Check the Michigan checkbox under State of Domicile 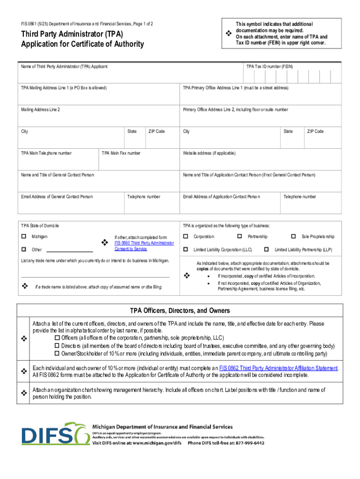tap(23, 237)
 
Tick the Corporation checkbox tap(186, 237)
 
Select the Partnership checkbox tap(239, 237)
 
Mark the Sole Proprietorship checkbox tap(294, 237)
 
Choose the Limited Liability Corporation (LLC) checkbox tap(186, 249)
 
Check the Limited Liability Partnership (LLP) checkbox tap(266, 249)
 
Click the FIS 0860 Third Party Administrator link tap(144, 243)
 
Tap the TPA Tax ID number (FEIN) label tap(270, 67)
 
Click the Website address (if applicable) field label tap(209, 153)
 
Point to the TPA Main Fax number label tap(121, 153)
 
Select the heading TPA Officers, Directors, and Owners tap(180, 311)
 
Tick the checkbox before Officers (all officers tap(58, 338)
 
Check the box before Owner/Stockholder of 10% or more tap(58, 354)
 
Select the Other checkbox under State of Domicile tap(23, 249)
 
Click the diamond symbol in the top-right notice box tap(229, 33)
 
